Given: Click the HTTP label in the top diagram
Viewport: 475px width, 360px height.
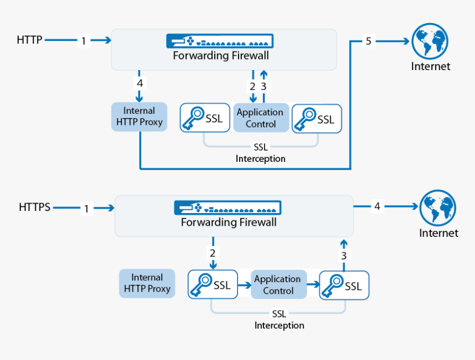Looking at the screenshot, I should click(29, 40).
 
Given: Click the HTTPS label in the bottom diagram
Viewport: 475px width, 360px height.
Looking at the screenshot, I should click(34, 207).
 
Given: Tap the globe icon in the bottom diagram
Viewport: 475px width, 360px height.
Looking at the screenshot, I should click(437, 208).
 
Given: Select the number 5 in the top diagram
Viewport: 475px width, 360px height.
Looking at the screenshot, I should click(369, 41).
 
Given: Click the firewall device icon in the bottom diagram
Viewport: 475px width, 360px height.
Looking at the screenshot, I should click(228, 208).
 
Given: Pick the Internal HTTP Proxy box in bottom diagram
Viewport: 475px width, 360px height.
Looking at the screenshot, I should click(147, 283).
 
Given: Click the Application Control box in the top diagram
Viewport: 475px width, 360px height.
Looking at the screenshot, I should click(260, 118).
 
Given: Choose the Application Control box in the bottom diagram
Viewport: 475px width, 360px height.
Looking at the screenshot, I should click(278, 285).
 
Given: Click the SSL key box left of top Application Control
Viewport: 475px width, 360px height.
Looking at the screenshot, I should click(205, 118).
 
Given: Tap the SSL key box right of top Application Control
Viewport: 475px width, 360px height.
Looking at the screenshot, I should click(316, 118).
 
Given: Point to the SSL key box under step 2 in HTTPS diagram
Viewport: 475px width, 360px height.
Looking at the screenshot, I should click(213, 285).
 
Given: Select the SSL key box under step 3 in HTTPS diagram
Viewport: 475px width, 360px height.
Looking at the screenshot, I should click(344, 285).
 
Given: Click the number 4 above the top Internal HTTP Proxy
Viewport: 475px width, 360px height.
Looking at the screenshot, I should click(140, 83).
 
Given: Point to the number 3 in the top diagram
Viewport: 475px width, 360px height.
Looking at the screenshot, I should click(263, 86).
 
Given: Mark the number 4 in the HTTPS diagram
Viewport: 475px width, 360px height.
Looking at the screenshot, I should click(377, 207).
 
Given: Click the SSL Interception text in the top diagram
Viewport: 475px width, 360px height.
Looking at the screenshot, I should click(260, 153).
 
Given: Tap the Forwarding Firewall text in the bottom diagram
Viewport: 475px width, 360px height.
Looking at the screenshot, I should click(229, 223).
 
